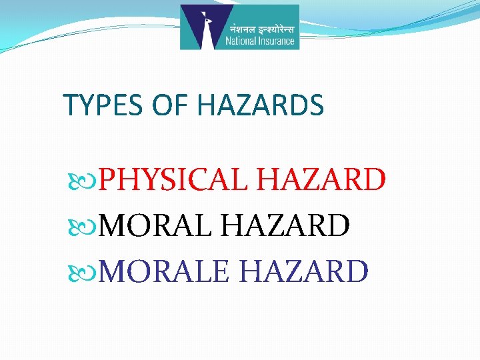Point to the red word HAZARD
point(321,180)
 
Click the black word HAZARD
point(285,226)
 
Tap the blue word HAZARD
point(303,272)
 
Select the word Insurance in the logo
point(276,41)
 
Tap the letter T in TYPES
point(69,105)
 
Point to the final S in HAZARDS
point(317,105)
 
